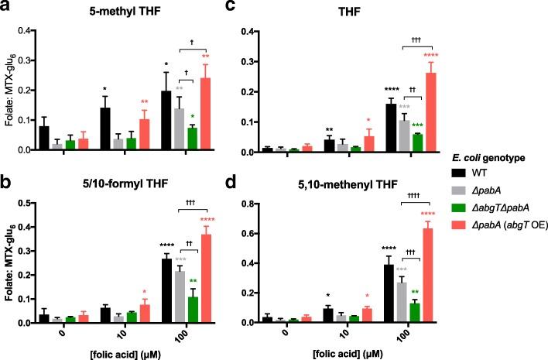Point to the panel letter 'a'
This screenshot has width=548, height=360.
5,9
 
